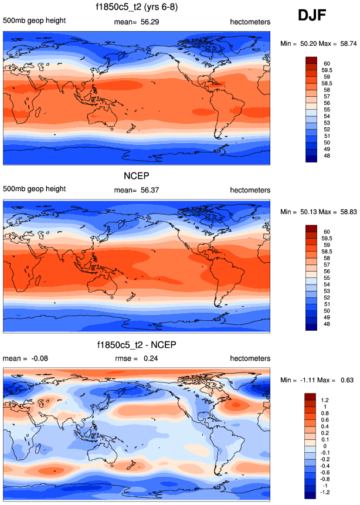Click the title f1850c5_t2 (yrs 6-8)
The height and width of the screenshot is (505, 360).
[x=137, y=8]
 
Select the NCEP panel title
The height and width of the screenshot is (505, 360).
[x=137, y=176]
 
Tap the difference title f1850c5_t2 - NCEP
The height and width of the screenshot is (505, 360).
[x=137, y=344]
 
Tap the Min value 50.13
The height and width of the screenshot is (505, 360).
[x=308, y=211]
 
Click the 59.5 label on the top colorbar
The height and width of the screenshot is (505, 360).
[x=326, y=67]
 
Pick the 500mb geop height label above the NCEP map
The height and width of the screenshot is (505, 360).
[x=34, y=189]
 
